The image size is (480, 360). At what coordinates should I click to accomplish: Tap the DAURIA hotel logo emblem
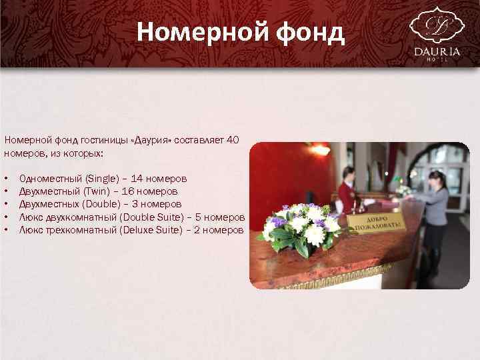click(436, 25)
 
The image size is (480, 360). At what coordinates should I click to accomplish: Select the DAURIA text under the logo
click(437, 51)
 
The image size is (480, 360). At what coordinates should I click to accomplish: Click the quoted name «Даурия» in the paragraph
click(155, 140)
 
